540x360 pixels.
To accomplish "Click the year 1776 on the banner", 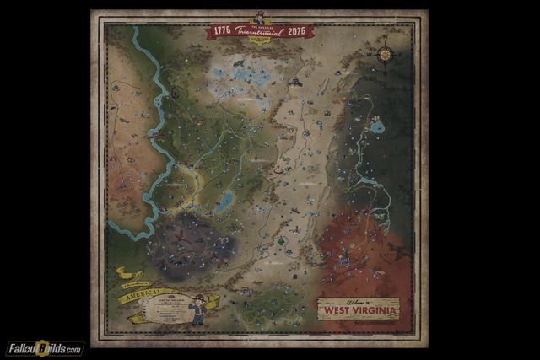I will [x=223, y=30].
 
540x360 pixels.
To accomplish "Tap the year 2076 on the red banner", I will [x=296, y=31].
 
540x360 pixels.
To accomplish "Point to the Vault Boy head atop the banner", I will [x=259, y=15].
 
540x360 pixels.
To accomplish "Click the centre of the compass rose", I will [x=385, y=54].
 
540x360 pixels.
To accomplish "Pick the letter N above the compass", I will [x=385, y=38].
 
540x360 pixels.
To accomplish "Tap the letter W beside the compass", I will [x=369, y=54].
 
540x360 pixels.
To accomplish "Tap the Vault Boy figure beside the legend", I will [x=197, y=309].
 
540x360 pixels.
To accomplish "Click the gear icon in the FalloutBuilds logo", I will [x=39, y=347].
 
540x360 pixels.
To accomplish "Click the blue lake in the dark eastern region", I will [x=377, y=126].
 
